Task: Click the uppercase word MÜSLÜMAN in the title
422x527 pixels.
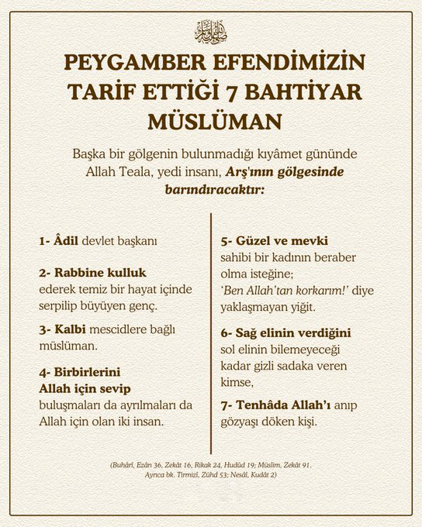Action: pyautogui.click(x=210, y=122)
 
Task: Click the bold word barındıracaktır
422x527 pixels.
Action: pyautogui.click(x=210, y=188)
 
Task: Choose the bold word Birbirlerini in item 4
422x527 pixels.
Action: pyautogui.click(x=82, y=370)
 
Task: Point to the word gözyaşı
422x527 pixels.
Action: pyautogui.click(x=243, y=423)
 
